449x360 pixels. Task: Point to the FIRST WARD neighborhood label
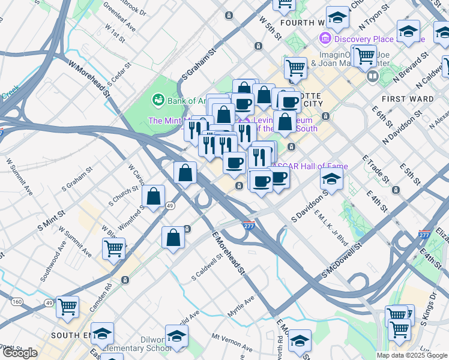click(x=403, y=98)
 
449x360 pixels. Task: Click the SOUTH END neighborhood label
click(x=71, y=335)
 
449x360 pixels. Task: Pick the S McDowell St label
click(x=342, y=259)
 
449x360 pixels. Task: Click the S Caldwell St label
click(x=207, y=267)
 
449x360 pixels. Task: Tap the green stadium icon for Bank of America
click(x=158, y=100)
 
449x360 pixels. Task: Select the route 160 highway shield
click(x=17, y=301)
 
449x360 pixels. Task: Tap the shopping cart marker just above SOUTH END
click(x=67, y=307)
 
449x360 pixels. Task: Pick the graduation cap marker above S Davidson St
click(x=331, y=178)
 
